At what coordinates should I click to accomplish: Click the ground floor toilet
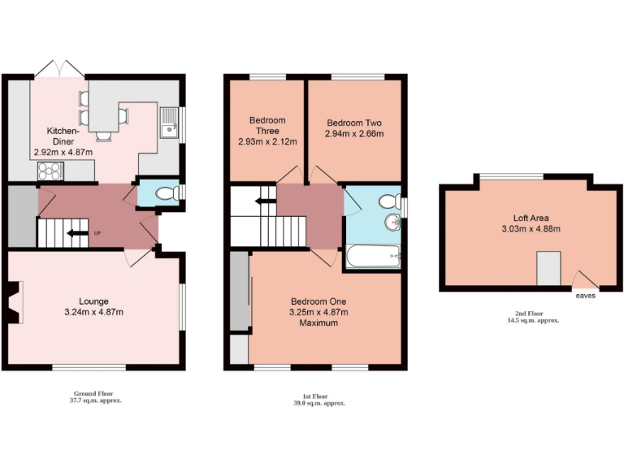(x=165, y=193)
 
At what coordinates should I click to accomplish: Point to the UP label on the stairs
(x=97, y=234)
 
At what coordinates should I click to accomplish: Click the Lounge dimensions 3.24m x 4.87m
(x=93, y=312)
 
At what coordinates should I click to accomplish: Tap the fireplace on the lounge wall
(x=14, y=302)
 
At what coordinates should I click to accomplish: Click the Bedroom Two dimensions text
(x=353, y=133)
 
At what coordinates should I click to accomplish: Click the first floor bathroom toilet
(x=388, y=200)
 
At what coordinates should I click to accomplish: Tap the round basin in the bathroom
(x=394, y=221)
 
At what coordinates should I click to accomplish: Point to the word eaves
(x=585, y=296)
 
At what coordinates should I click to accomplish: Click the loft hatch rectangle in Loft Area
(x=548, y=268)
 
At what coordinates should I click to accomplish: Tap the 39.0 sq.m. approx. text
(x=319, y=403)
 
